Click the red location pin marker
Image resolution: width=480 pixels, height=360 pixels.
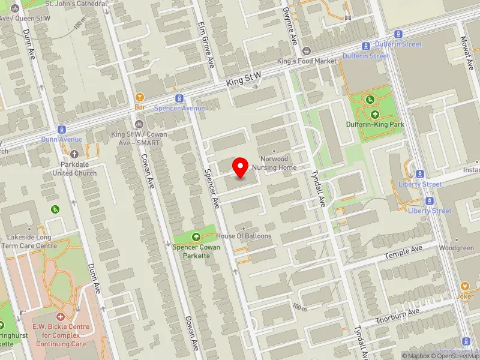click(x=241, y=167)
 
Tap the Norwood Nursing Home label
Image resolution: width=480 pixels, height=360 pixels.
click(x=274, y=163)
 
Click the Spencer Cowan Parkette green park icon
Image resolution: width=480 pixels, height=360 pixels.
click(x=196, y=237)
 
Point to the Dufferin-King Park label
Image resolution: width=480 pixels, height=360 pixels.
click(x=375, y=124)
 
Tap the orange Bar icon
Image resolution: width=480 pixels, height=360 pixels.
click(x=140, y=97)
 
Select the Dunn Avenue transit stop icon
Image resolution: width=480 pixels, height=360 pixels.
click(x=61, y=129)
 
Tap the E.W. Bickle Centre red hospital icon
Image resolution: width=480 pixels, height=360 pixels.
click(x=60, y=316)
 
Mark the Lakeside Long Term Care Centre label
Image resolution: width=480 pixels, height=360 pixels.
click(x=29, y=241)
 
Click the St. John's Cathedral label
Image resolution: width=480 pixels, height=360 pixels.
click(x=77, y=4)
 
